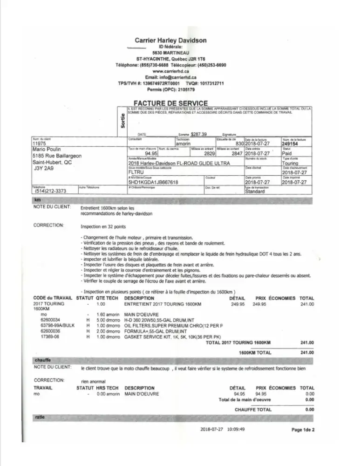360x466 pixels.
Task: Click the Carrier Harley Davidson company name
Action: coord(170,41)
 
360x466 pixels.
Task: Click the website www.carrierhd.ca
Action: coord(170,71)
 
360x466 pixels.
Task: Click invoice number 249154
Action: coord(291,144)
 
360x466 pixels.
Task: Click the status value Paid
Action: coord(287,153)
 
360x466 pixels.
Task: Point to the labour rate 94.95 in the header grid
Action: coord(151,153)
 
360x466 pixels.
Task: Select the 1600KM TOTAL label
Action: coord(255,353)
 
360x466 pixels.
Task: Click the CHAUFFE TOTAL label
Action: coord(253,410)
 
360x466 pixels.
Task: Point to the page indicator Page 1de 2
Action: coord(303,430)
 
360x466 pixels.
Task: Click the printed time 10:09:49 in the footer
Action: coord(236,429)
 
